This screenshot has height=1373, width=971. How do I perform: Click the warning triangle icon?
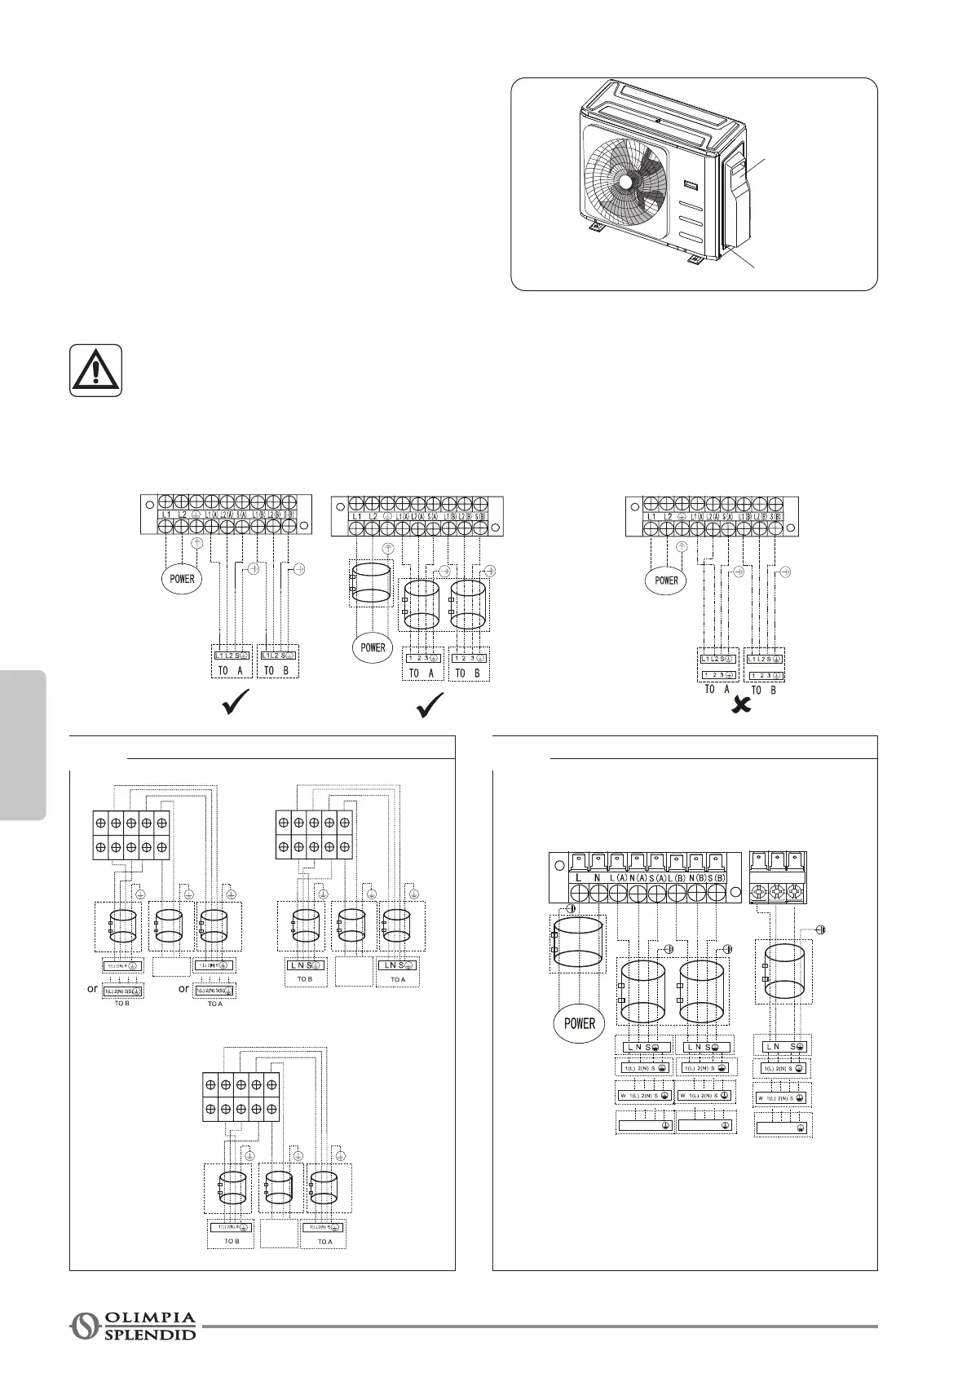[95, 370]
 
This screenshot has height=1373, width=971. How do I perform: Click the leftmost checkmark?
[236, 703]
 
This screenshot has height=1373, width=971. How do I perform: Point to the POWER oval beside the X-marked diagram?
[666, 581]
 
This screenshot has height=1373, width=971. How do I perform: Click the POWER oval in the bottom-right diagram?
[580, 1023]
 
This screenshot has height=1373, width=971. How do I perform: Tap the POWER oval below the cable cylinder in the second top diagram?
[373, 647]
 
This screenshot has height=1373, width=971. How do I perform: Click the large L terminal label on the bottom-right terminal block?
[578, 877]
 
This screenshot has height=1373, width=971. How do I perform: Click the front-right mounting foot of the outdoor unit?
[695, 259]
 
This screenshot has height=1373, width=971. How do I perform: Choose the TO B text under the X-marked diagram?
[763, 690]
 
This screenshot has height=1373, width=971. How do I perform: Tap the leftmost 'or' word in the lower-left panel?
[93, 988]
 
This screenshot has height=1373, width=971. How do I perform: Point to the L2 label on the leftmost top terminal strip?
[183, 514]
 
